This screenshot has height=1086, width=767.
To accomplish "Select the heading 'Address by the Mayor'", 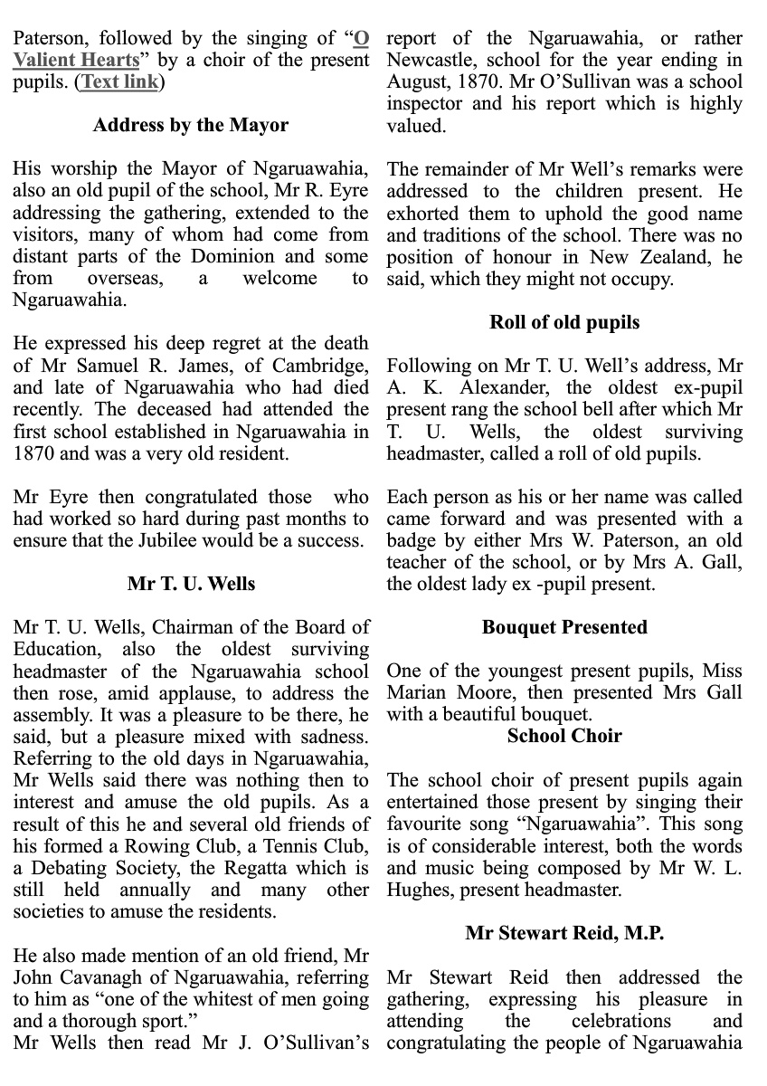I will tap(191, 126).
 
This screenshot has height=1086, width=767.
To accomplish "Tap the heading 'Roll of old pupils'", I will tap(564, 322).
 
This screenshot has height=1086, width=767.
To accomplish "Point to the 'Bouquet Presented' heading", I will tap(564, 627).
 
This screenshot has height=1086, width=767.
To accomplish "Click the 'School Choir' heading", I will tap(564, 736).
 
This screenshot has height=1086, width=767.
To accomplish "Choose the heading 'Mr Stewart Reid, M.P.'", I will tap(564, 933).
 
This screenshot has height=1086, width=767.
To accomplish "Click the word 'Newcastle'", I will tap(430, 61).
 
